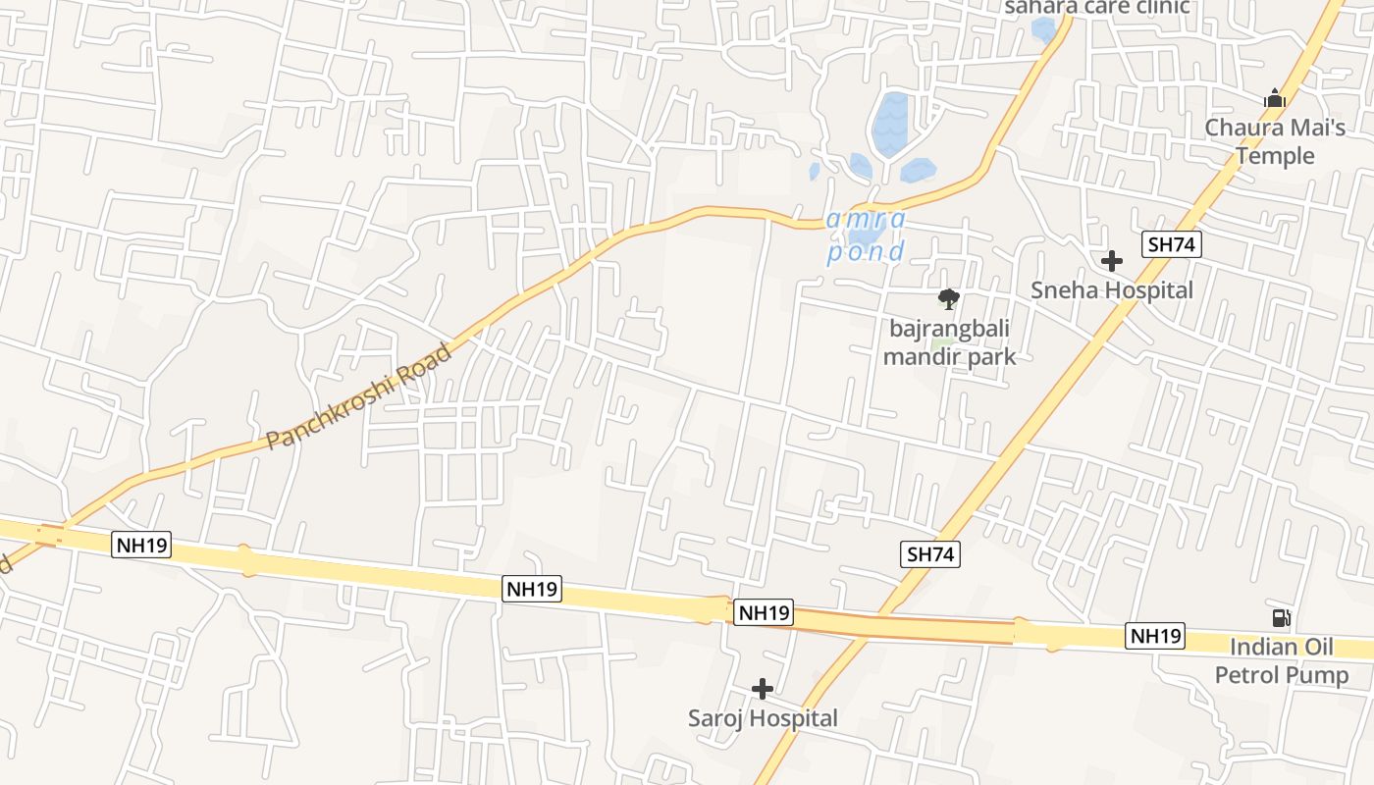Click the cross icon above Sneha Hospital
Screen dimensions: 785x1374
pos(1112,261)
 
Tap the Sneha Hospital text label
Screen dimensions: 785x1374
pos(1111,290)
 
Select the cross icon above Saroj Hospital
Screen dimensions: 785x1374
pos(762,689)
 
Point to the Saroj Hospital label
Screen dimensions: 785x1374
pos(763,718)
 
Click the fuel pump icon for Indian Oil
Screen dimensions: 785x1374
pos(1281,618)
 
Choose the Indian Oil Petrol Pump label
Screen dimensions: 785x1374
pos(1282,661)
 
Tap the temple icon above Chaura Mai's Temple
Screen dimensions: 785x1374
pos(1275,98)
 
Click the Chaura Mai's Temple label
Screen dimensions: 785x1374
pos(1275,141)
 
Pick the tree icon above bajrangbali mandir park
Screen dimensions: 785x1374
pos(948,298)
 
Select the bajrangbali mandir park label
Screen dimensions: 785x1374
pos(949,341)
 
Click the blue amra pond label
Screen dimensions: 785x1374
pos(865,236)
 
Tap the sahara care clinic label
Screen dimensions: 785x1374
pos(1096,7)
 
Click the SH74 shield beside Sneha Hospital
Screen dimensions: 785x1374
pos(1172,244)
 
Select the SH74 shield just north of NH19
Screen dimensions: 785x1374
pos(930,554)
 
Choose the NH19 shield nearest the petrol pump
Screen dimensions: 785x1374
pos(1155,636)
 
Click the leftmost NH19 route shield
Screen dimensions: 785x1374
pos(141,546)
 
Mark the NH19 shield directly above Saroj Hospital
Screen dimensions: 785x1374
pos(763,613)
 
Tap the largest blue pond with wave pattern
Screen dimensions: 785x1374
pos(891,124)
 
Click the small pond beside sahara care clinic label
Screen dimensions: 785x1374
pos(1044,29)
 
